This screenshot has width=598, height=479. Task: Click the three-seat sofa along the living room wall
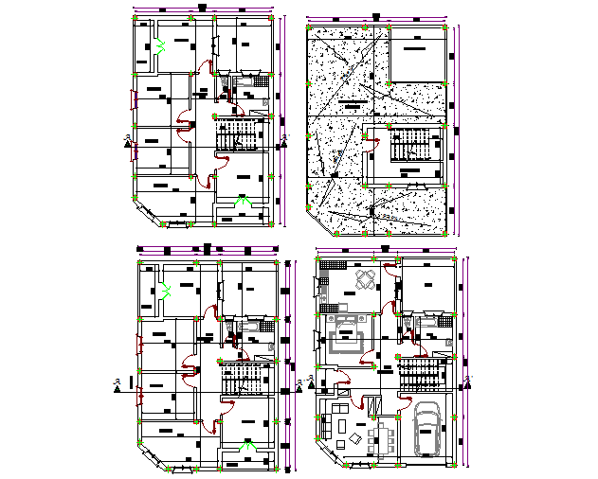click(x=327, y=432)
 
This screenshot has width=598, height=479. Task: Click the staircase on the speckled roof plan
click(x=408, y=147)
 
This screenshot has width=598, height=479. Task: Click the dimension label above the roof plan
click(x=376, y=17)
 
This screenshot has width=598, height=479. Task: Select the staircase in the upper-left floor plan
click(x=238, y=138)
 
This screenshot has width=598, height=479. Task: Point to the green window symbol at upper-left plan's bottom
click(x=243, y=201)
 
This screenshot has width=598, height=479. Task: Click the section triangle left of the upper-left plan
click(x=127, y=142)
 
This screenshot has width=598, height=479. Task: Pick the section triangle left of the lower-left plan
click(x=117, y=385)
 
